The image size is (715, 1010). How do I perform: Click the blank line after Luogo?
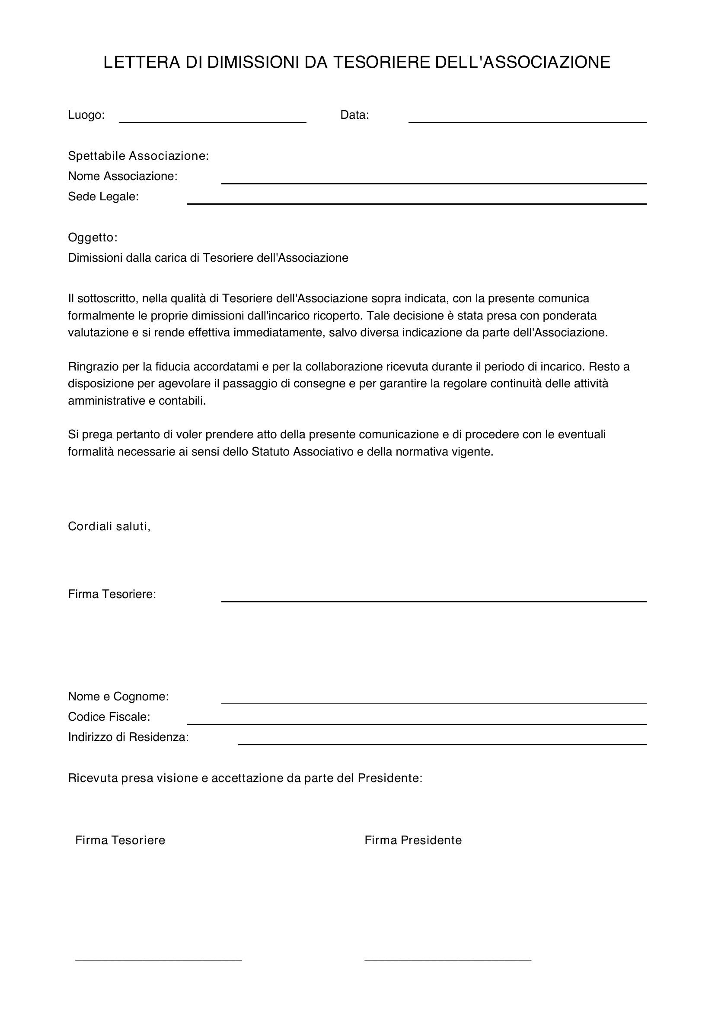[213, 120]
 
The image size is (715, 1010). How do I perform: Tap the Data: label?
[354, 115]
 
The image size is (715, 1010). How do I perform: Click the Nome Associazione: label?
[122, 177]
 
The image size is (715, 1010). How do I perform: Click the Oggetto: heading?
[93, 237]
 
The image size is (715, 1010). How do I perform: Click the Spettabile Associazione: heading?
[138, 156]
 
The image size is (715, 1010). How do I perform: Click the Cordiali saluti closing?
[109, 526]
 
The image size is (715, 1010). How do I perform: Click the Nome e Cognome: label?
[118, 697]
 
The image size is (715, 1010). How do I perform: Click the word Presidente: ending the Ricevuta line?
[389, 778]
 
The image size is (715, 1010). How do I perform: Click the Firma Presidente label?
[412, 840]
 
